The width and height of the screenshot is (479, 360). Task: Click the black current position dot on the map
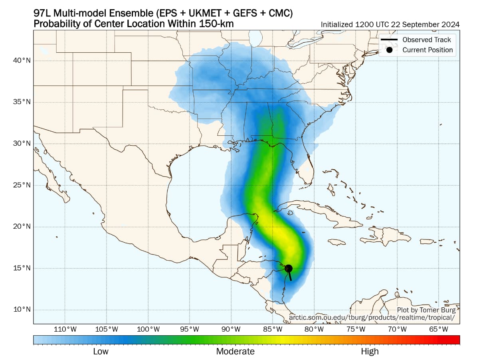(x=289, y=269)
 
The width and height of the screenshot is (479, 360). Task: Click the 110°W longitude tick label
(x=65, y=329)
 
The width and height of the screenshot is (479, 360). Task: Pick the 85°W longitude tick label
(x=273, y=329)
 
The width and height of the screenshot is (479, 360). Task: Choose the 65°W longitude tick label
(x=438, y=329)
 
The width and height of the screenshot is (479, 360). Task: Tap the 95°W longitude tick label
(x=190, y=329)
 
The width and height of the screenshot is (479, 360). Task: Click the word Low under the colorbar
(x=101, y=352)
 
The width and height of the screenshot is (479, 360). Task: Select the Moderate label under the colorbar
(x=235, y=352)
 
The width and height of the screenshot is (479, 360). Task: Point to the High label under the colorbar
(x=370, y=352)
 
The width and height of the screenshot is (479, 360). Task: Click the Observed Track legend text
(x=426, y=40)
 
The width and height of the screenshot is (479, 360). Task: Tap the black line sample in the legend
(x=389, y=40)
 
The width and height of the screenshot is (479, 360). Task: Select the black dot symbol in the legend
(x=389, y=50)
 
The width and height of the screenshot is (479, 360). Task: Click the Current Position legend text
(x=427, y=50)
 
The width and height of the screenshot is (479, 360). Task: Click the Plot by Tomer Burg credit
(x=426, y=310)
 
